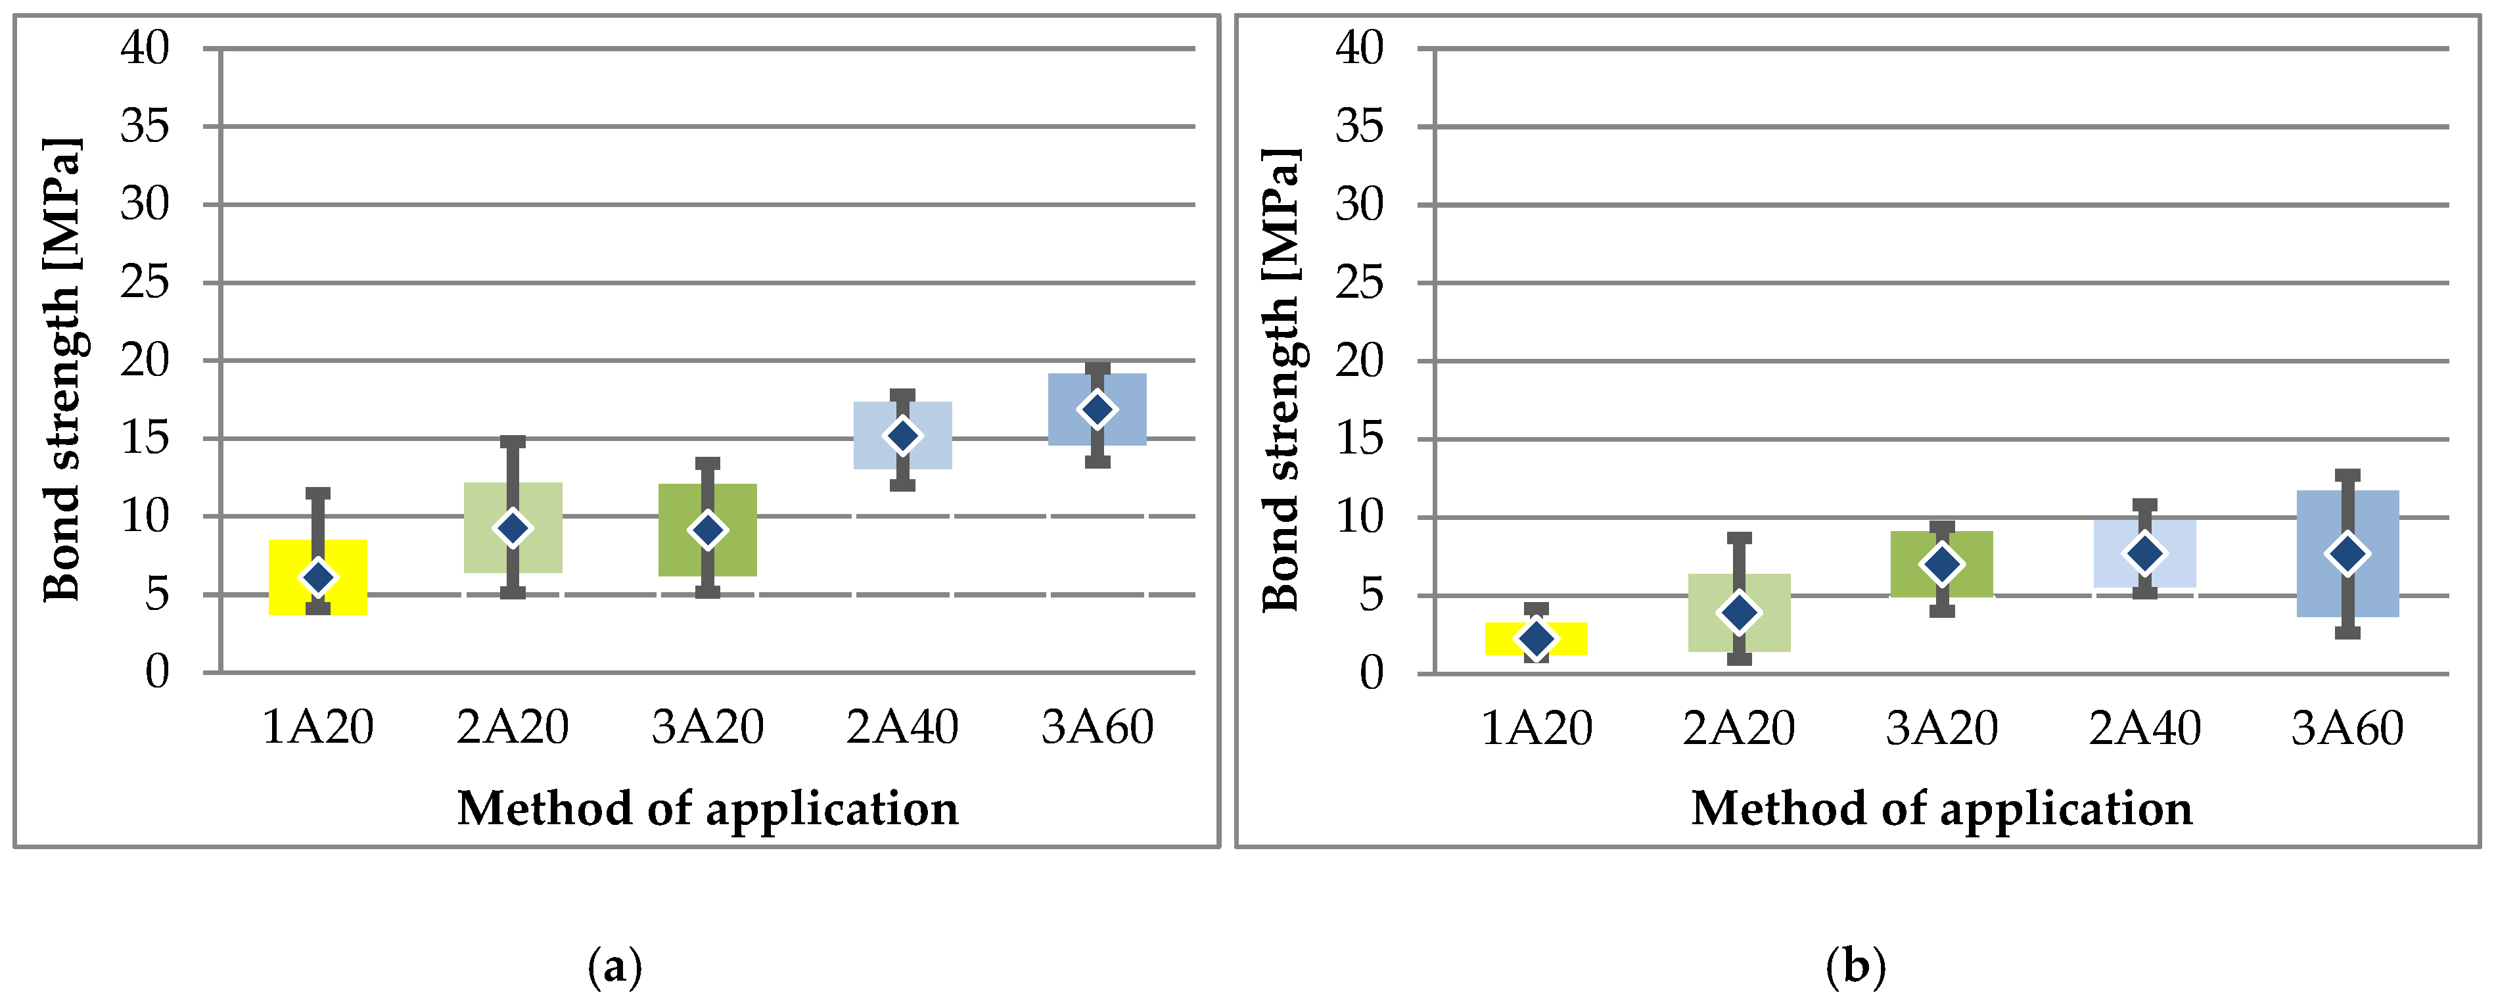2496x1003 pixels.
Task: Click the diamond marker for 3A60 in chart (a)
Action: click(1097, 409)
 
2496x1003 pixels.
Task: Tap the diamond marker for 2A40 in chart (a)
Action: click(902, 436)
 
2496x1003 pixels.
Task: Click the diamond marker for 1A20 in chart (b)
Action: click(1536, 638)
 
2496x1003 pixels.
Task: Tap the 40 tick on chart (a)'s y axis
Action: click(145, 47)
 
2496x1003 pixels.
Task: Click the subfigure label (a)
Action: click(614, 966)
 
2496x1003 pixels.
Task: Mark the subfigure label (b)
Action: click(1855, 966)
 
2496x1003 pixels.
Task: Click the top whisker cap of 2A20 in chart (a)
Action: click(513, 442)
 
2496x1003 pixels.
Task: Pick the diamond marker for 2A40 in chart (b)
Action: click(2144, 553)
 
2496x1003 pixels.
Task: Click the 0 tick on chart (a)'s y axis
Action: click(157, 672)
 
